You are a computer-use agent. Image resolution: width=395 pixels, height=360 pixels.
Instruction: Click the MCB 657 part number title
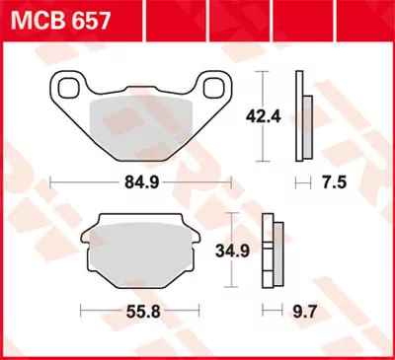53,19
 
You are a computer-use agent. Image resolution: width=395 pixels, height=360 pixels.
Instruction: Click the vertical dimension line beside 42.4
261,116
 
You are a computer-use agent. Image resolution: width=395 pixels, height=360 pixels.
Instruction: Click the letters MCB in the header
32,19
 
